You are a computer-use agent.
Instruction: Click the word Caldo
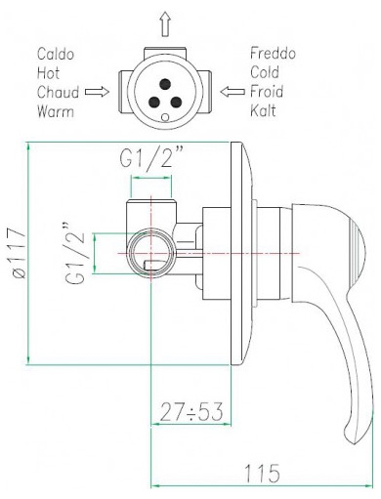56,54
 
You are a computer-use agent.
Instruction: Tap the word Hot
48,73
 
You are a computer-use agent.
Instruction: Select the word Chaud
58,92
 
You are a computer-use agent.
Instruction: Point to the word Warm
56,111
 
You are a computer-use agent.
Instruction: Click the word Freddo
273,54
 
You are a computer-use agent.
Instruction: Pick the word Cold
265,72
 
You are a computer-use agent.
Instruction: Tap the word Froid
267,92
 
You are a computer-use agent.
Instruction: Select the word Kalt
263,110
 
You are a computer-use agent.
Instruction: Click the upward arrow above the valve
166,23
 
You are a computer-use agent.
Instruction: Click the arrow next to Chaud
97,92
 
